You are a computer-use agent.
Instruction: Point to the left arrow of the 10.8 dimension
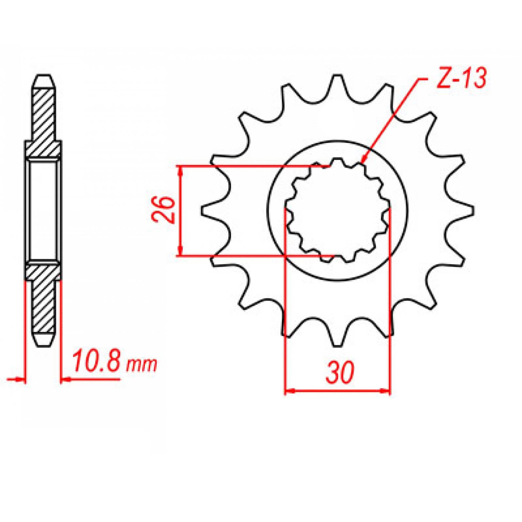(22, 379)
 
